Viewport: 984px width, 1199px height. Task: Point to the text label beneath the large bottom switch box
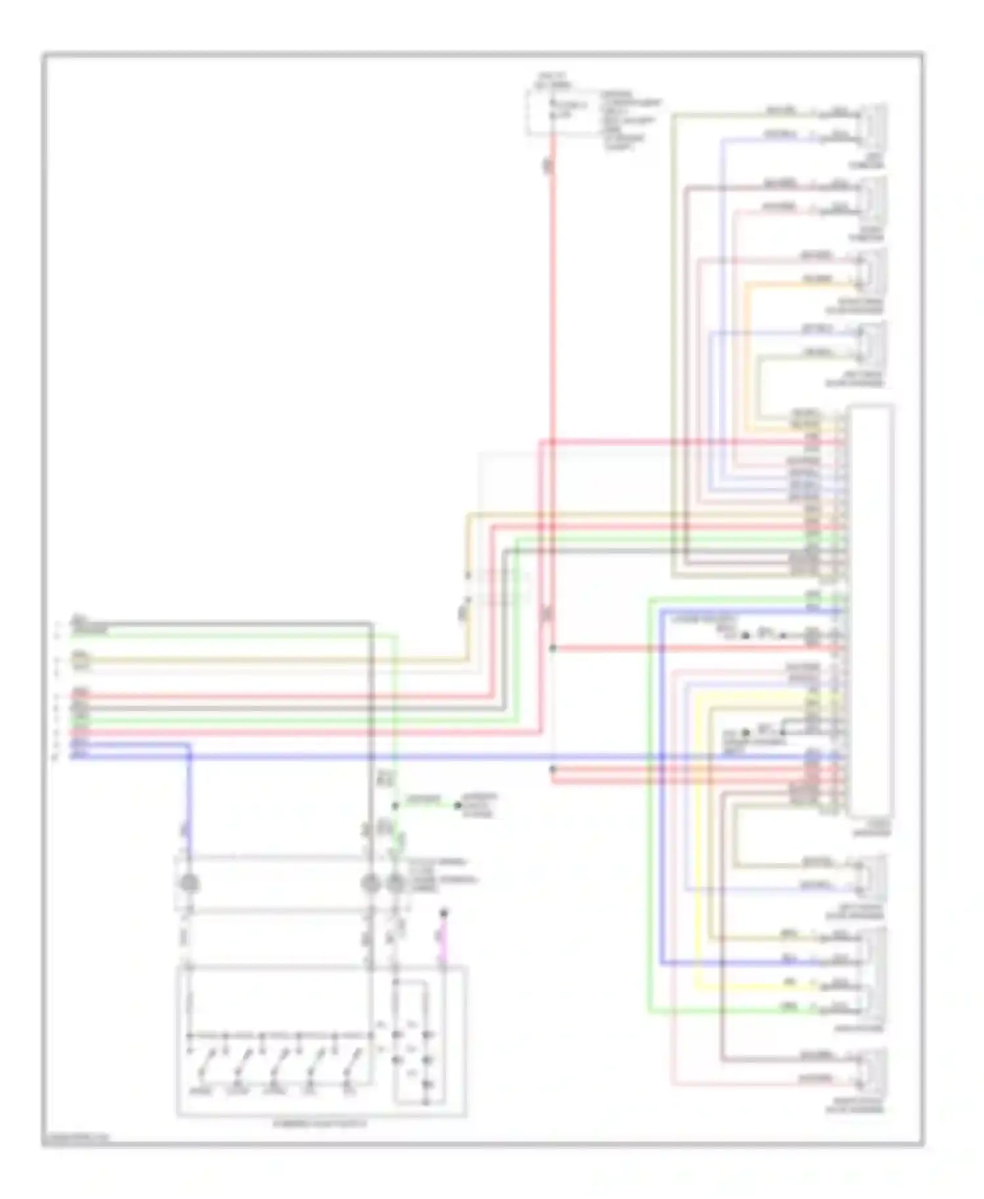[321, 1124]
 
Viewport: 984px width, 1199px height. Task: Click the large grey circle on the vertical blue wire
[190, 884]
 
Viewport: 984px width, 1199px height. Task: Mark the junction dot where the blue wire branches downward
[190, 756]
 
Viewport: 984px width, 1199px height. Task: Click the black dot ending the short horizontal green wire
[459, 805]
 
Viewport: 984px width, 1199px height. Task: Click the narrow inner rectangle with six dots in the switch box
[411, 1043]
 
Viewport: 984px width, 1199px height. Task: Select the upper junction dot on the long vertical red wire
[553, 648]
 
